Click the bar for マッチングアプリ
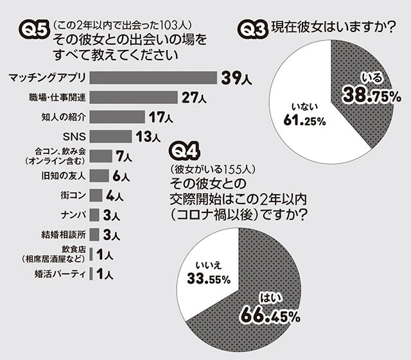click(153, 78)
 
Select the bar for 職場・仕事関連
click(133, 98)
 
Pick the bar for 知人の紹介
click(116, 117)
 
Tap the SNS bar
click(110, 136)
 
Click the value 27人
click(193, 98)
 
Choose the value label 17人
click(159, 117)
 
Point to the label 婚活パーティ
click(59, 274)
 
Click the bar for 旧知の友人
click(98, 175)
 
